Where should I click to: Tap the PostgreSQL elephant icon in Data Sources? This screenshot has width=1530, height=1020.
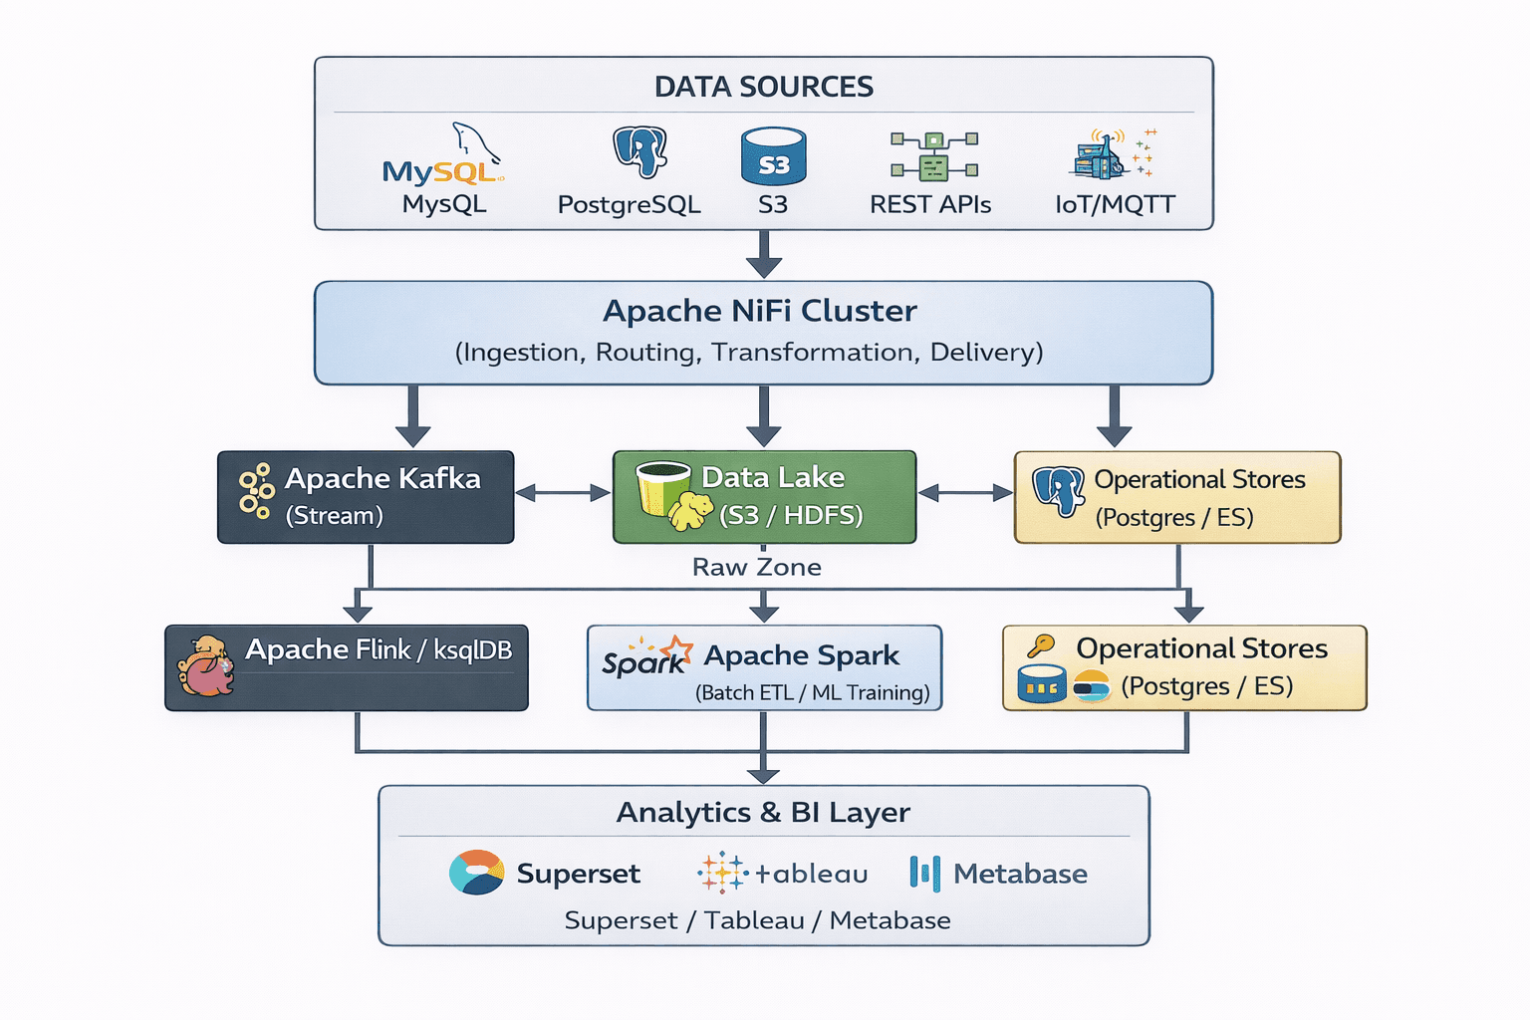click(x=638, y=152)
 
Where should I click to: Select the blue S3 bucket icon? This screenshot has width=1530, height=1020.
click(x=773, y=157)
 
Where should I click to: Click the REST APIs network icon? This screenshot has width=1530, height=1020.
click(x=933, y=156)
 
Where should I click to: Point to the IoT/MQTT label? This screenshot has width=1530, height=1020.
click(x=1115, y=205)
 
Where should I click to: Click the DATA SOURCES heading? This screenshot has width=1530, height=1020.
click(x=763, y=88)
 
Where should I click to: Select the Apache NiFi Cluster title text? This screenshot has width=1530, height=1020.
click(x=759, y=311)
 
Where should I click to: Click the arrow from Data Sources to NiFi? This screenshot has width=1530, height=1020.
click(x=763, y=254)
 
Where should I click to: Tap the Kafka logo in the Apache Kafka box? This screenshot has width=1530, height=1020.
click(x=256, y=490)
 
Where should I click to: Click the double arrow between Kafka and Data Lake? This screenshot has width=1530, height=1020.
click(x=563, y=493)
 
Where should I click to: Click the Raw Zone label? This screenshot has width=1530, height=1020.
click(x=756, y=568)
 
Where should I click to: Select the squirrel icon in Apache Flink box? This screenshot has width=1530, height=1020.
click(x=206, y=665)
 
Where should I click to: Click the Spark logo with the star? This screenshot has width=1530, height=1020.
click(x=646, y=657)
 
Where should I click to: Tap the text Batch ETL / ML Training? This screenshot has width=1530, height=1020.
click(x=812, y=693)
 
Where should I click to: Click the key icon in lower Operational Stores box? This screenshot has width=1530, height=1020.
click(x=1040, y=646)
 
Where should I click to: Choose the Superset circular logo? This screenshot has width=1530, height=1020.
click(x=476, y=873)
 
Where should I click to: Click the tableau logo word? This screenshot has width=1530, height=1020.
click(x=811, y=875)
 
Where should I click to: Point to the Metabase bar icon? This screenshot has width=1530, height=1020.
click(x=923, y=873)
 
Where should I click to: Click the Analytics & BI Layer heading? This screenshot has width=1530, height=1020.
click(x=763, y=813)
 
